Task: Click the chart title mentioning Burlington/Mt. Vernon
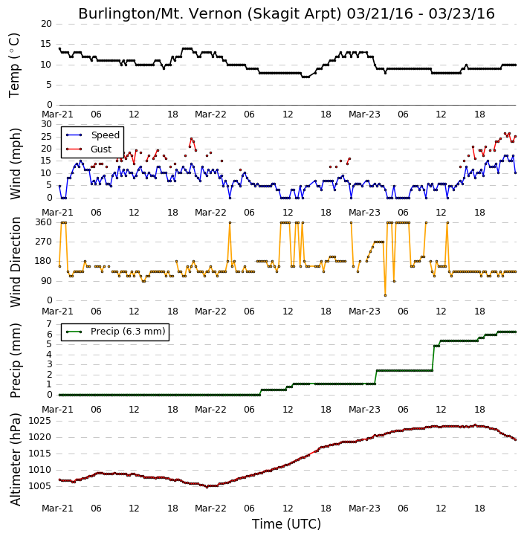click(x=286, y=13)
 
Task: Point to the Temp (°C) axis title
click(x=14, y=65)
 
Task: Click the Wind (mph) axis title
click(x=15, y=164)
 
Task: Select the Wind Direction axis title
click(x=15, y=262)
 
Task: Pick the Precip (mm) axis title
click(x=15, y=361)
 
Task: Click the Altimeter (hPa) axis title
click(x=15, y=459)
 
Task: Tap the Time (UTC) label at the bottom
click(x=286, y=524)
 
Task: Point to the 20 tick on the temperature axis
click(x=46, y=24)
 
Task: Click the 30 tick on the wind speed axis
click(x=46, y=124)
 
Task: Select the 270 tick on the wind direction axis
click(x=44, y=242)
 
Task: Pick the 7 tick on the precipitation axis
click(x=49, y=324)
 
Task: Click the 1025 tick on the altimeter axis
click(x=39, y=421)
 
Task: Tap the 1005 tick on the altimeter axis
click(x=39, y=486)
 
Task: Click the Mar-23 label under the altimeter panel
click(x=364, y=509)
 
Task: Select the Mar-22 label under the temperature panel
click(x=210, y=114)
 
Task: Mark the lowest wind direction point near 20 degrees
click(x=385, y=296)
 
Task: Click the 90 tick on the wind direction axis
click(x=46, y=281)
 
